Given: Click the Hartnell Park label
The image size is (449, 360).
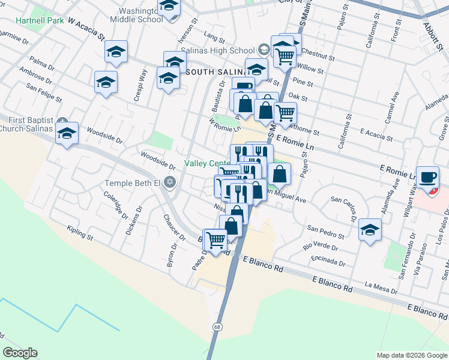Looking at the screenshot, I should click(40, 20).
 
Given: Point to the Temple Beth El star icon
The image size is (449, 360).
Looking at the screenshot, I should click(170, 182).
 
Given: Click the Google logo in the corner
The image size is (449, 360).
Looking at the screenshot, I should click(20, 353).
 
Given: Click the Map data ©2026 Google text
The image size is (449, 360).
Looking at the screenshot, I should click(411, 355).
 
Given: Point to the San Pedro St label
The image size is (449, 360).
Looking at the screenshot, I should click(325, 232).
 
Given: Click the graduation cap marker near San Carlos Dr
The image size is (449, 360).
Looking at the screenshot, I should click(370, 231).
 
